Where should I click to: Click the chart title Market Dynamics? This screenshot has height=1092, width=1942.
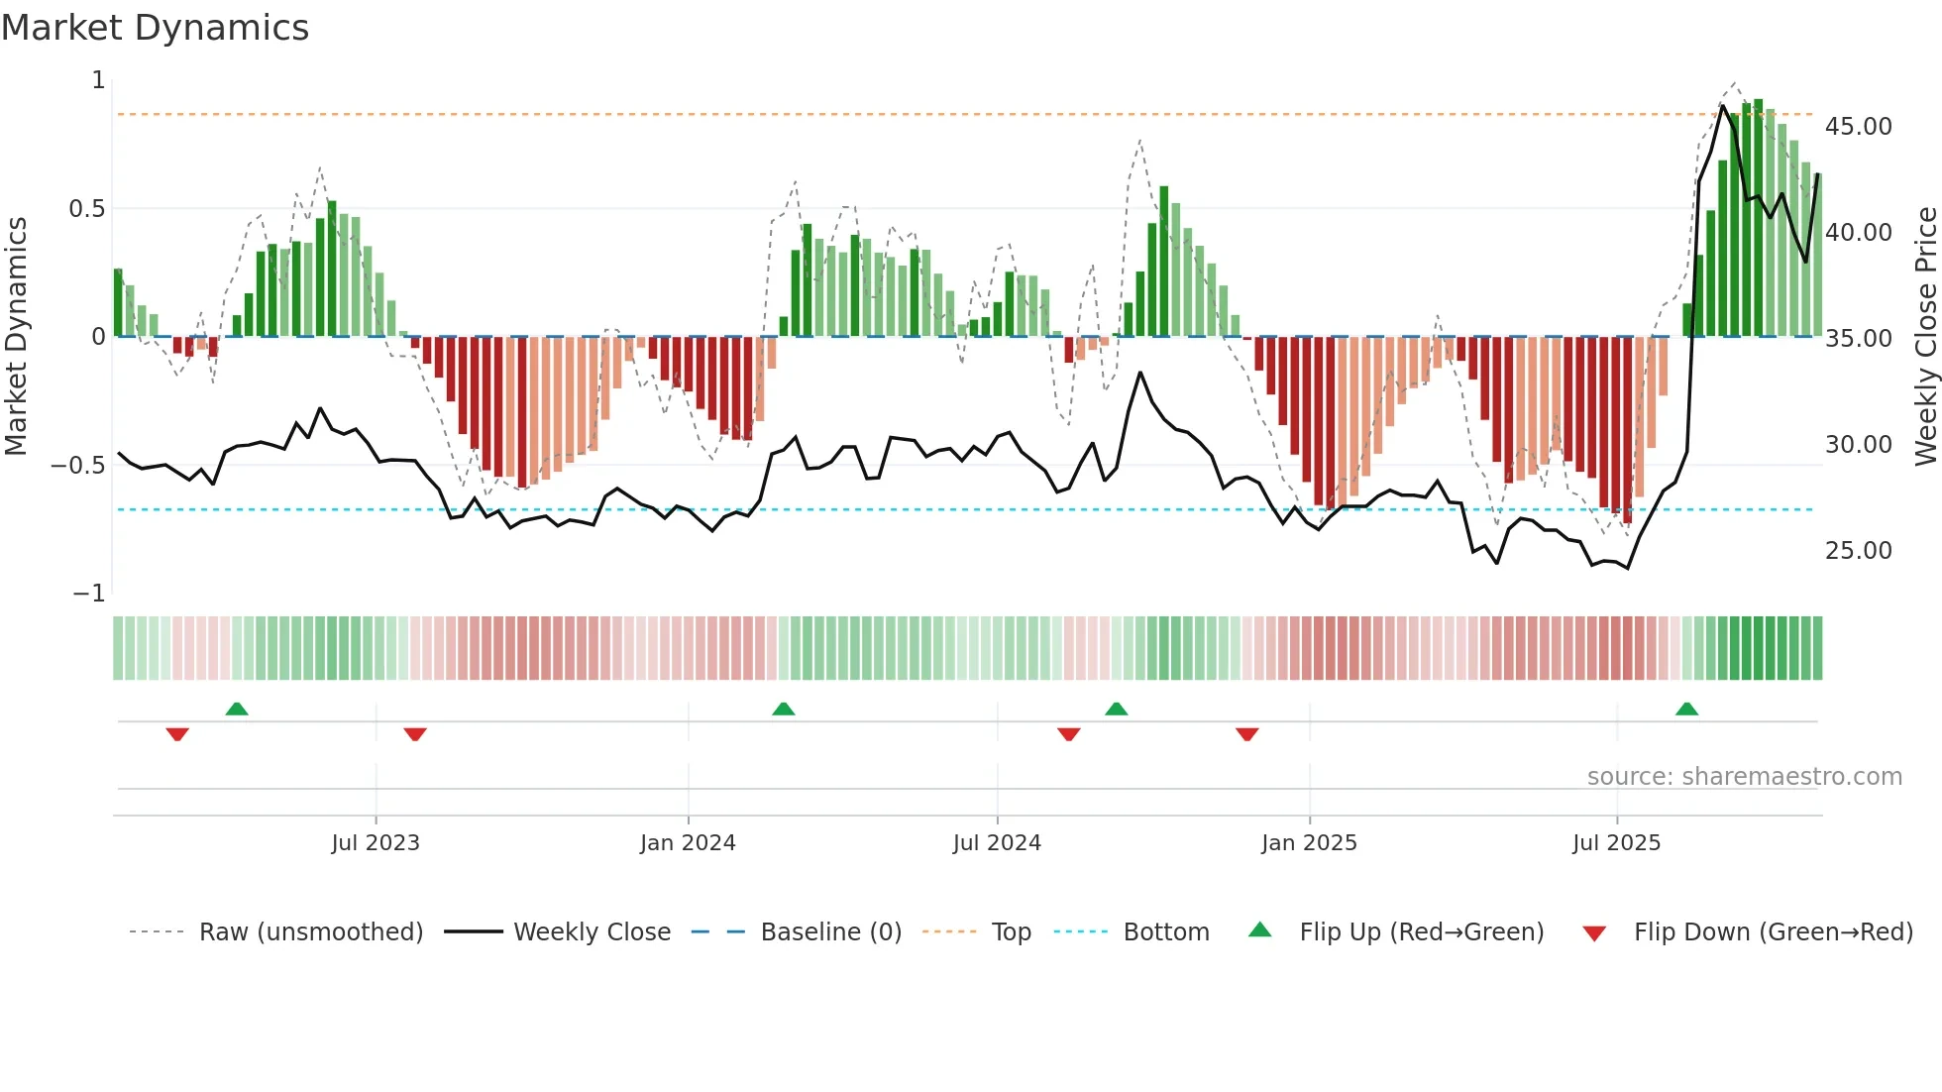(155, 28)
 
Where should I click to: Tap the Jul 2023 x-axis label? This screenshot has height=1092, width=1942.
(376, 843)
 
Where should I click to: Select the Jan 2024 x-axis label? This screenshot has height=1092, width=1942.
(688, 843)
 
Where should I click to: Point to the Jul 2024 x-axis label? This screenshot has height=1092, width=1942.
(997, 843)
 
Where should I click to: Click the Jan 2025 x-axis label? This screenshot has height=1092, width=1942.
(1309, 843)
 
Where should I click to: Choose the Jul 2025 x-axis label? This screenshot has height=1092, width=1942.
(1616, 843)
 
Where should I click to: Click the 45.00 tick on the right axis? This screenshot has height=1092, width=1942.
(1858, 127)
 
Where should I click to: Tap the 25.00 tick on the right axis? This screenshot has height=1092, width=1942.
(1858, 551)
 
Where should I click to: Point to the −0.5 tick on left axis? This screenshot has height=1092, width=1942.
(77, 466)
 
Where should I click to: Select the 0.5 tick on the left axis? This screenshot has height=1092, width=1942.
(86, 209)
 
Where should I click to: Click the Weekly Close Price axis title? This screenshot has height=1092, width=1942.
(1925, 337)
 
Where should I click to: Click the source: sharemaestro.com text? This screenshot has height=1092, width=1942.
(1744, 777)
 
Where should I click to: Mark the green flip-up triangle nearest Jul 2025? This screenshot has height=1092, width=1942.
(1686, 710)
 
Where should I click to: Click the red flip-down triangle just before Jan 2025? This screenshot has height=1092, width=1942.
(1247, 734)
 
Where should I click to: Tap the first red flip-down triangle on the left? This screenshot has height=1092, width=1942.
(177, 734)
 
